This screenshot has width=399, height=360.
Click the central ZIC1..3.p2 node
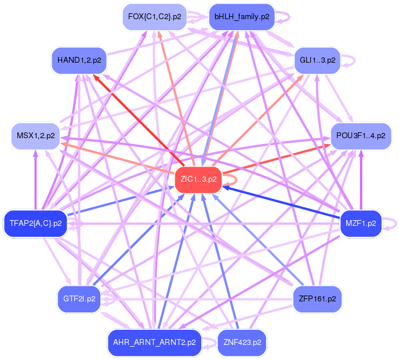[198, 179]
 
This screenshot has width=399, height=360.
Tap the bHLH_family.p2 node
[241, 17]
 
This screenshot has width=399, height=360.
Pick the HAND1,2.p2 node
[79, 60]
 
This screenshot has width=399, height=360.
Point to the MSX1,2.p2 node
[36, 136]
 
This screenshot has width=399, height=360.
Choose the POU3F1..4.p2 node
[360, 136]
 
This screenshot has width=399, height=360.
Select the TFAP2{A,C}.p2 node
[35, 223]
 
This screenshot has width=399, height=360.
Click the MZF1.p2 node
[361, 223]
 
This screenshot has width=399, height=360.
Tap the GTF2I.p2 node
[79, 299]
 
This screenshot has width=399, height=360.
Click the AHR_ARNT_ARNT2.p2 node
[154, 342]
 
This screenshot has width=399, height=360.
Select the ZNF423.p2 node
[241, 342]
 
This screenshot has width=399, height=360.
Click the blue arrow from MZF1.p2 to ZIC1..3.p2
[284, 203]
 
